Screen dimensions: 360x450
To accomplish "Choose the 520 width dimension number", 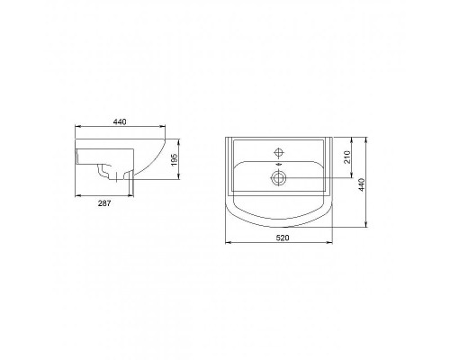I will tap(282, 238).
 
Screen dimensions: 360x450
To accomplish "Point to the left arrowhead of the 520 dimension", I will tap(224, 244).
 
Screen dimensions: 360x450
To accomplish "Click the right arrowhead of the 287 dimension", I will tap(133, 194).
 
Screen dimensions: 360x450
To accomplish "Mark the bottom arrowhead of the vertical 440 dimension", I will tap(370, 226).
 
